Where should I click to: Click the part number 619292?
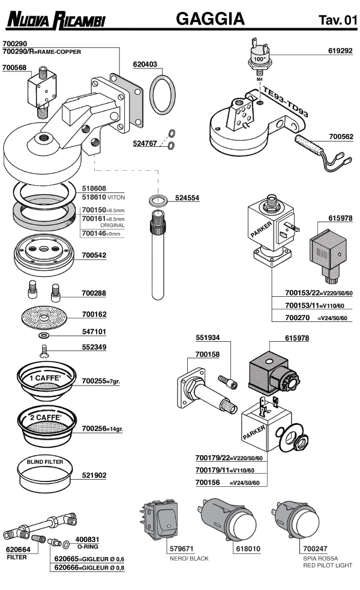click(341, 52)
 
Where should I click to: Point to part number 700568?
click(15, 68)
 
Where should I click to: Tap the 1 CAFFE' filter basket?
click(45, 380)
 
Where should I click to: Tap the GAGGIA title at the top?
click(210, 19)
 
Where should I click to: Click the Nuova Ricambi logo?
click(55, 22)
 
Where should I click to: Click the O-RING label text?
click(88, 547)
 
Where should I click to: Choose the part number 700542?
click(94, 255)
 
